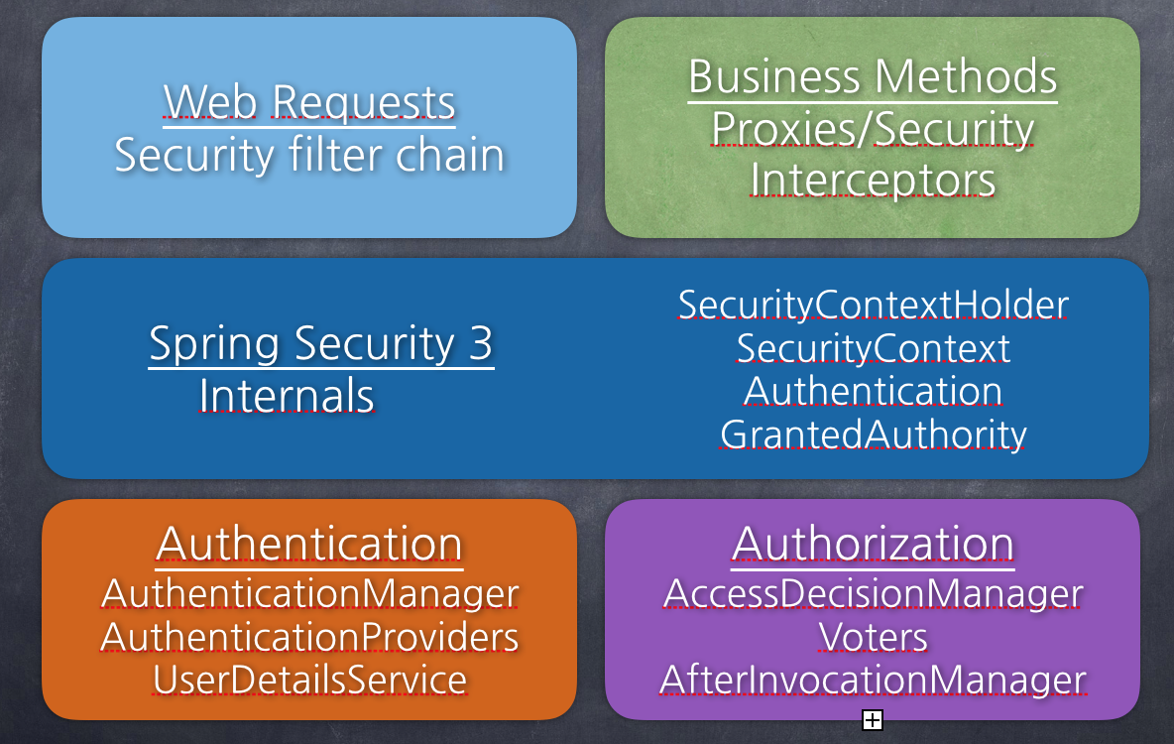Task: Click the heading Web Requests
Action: coord(309,102)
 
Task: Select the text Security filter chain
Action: coord(309,156)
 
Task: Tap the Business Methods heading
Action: coord(873,77)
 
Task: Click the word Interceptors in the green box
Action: coord(873,181)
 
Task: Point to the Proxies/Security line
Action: coord(873,129)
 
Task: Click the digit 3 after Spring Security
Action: coord(480,343)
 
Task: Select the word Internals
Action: coord(287,396)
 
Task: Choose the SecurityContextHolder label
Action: coord(873,305)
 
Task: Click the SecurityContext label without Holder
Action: coord(873,348)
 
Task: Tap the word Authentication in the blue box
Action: coord(873,391)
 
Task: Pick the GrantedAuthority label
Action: coord(873,434)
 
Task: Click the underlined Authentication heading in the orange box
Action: coord(309,544)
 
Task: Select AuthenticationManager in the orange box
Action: coord(309,593)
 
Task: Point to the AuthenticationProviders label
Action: coord(309,637)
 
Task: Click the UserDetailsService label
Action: coord(309,681)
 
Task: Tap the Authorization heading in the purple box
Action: coord(873,544)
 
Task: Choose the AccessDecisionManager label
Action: coord(873,593)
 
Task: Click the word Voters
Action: coord(873,637)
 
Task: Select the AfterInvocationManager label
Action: coord(873,681)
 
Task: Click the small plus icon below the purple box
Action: coord(873,720)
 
